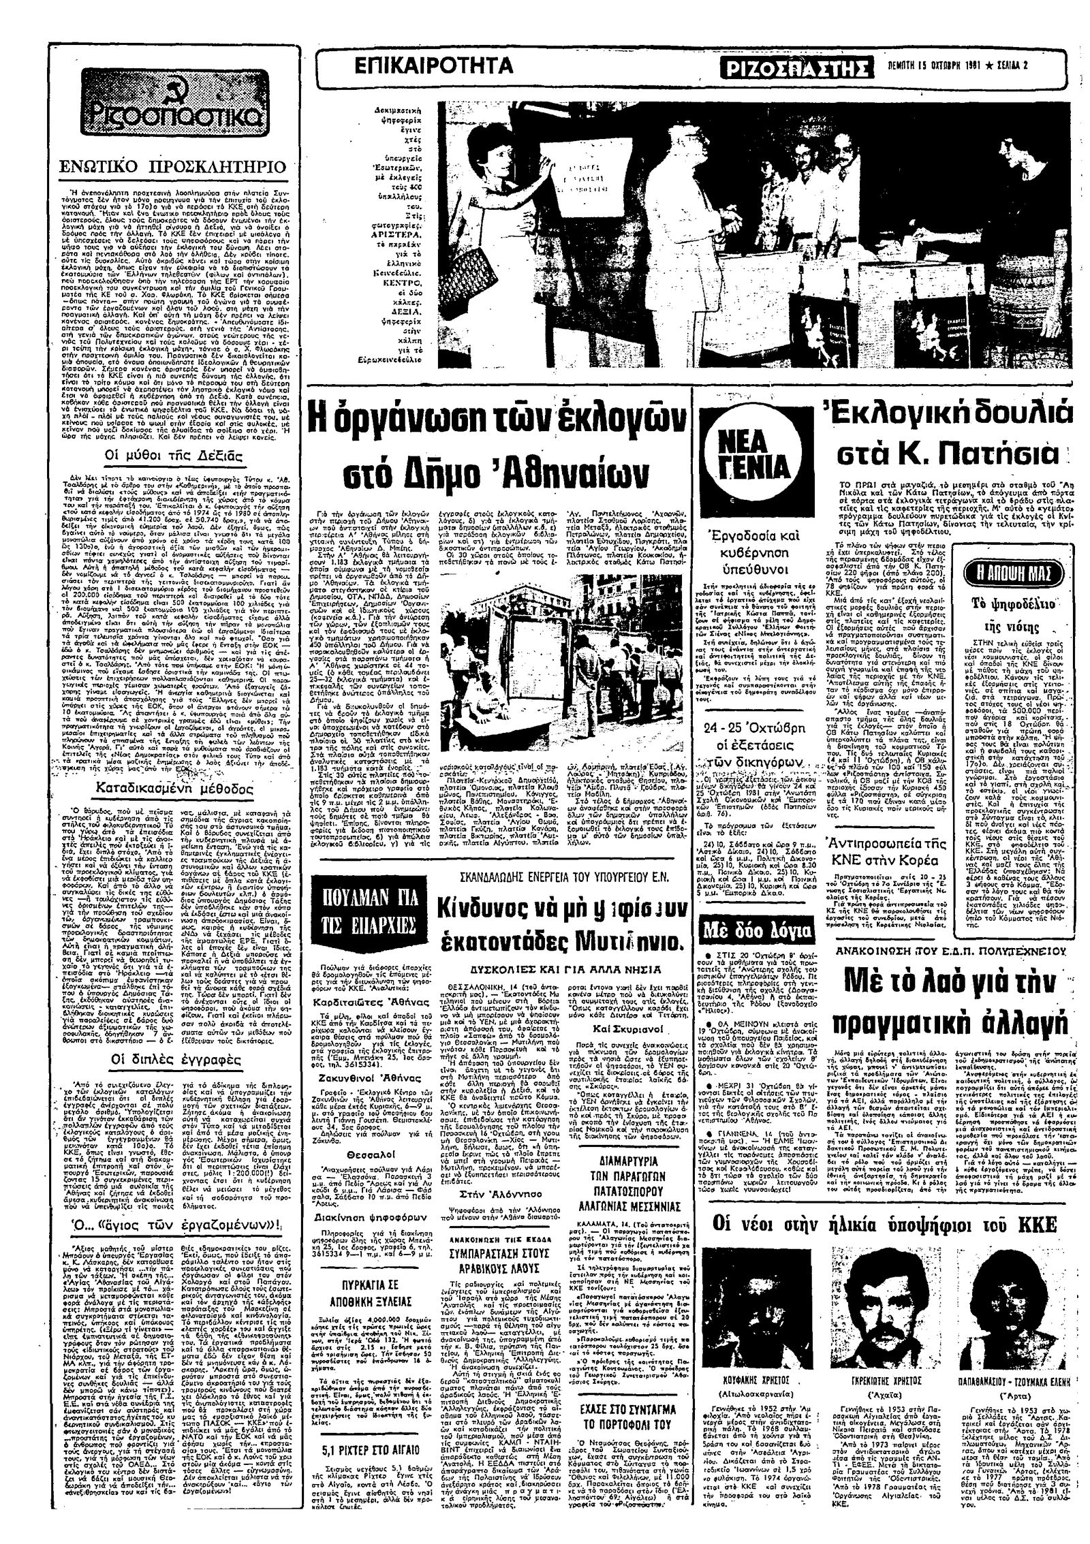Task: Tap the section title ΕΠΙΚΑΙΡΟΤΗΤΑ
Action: pyautogui.click(x=434, y=66)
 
